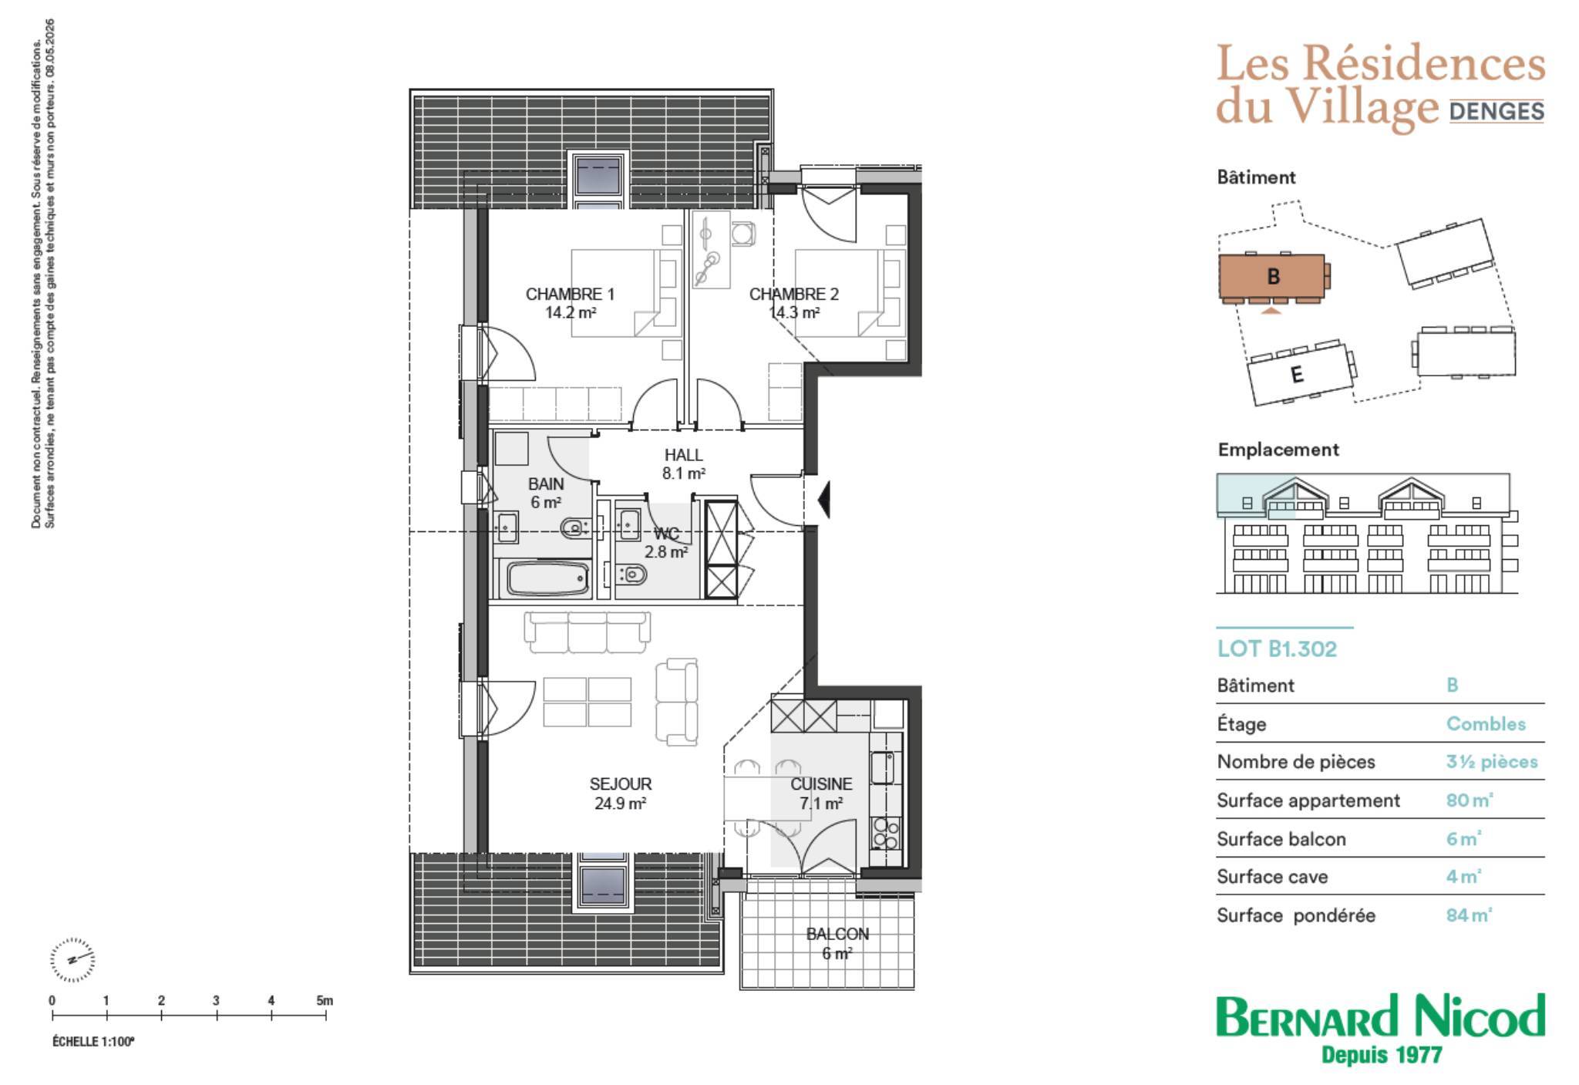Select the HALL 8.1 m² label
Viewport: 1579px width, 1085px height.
(x=683, y=464)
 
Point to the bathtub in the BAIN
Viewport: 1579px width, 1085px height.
(x=547, y=578)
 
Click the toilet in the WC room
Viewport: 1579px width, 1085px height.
(x=633, y=574)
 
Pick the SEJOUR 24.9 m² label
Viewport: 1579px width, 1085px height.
(x=620, y=794)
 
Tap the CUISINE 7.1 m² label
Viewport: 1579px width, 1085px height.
(x=821, y=794)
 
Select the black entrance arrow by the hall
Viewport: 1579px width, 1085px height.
(x=823, y=499)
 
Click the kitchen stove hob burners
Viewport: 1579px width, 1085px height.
(x=885, y=834)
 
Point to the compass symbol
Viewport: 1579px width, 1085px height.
(x=72, y=960)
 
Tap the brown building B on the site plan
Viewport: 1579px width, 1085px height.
(x=1272, y=277)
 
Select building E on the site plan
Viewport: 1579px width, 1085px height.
(x=1301, y=373)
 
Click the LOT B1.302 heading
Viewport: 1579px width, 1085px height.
(x=1277, y=649)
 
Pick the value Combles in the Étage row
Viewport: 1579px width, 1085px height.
(x=1486, y=724)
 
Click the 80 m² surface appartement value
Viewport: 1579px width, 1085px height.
(x=1470, y=800)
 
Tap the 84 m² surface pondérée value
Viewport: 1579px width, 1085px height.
(x=1470, y=915)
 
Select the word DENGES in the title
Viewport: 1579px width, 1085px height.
(x=1497, y=112)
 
